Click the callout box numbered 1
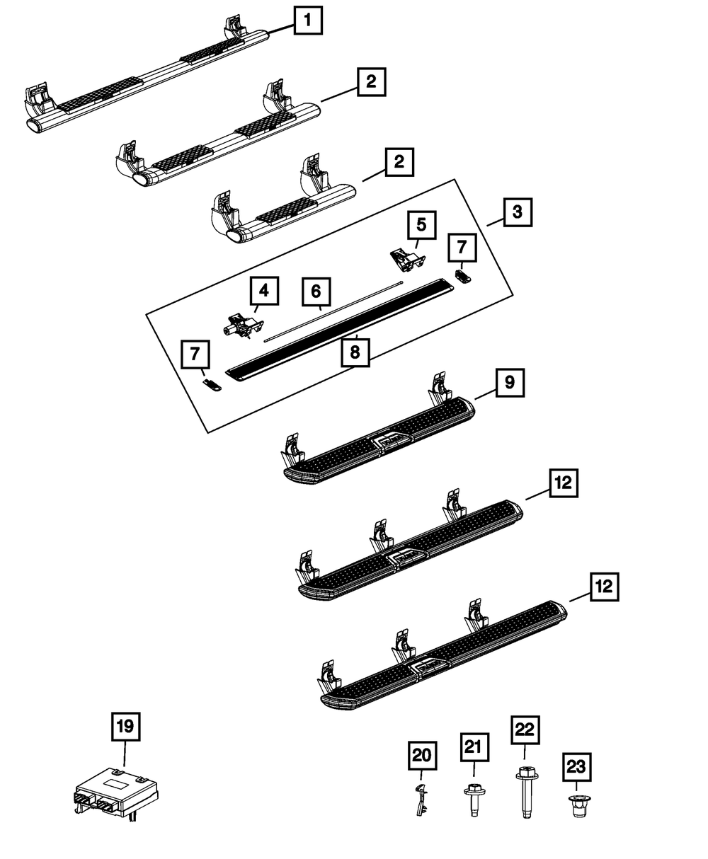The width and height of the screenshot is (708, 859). click(307, 21)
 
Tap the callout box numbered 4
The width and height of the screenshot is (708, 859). click(263, 291)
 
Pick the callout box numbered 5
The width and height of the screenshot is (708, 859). click(421, 226)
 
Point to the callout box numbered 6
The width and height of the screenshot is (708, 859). click(316, 291)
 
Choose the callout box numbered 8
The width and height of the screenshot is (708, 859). click(355, 352)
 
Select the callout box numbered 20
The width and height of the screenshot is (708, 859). click(423, 756)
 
